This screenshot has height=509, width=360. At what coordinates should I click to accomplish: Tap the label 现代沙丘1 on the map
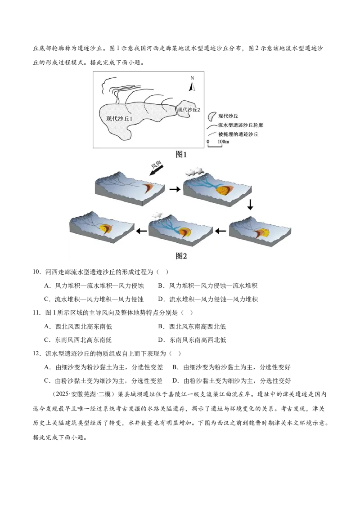tap(119, 119)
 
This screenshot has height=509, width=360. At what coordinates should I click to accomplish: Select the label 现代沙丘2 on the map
tap(189, 110)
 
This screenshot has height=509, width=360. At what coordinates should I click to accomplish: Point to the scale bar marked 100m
tap(215, 145)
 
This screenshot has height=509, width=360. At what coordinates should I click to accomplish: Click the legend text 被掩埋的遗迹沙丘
tap(238, 134)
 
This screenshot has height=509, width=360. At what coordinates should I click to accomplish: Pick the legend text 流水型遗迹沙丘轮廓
tap(240, 125)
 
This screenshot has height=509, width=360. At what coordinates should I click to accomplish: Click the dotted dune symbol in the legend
tap(212, 116)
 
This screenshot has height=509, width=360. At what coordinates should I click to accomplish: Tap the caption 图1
tap(181, 155)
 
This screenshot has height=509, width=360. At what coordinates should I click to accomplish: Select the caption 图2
tap(181, 256)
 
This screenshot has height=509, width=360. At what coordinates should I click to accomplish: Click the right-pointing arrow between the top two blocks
tap(175, 189)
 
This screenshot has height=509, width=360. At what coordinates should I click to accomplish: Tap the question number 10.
tap(36, 272)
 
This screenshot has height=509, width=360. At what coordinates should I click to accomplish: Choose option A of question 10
tap(94, 286)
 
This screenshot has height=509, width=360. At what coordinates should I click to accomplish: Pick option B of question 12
tap(231, 367)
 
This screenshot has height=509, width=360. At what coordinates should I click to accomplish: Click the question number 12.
tap(36, 353)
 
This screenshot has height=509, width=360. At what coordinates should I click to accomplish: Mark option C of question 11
tap(78, 340)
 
